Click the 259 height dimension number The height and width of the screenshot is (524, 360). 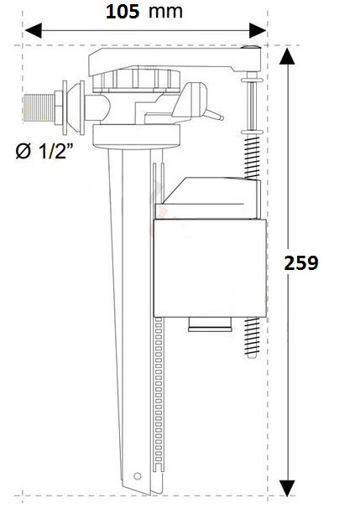coord(301,262)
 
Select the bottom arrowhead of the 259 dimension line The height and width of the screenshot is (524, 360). coord(287,487)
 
